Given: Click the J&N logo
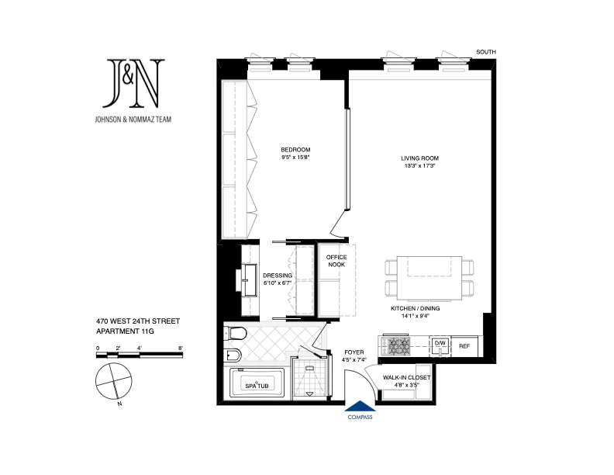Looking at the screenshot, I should [x=135, y=83].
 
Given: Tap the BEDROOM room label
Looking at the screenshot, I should [x=295, y=150].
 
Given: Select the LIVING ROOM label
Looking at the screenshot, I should [x=420, y=159].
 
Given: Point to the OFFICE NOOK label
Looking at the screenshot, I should [x=336, y=261].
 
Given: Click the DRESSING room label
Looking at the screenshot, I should [x=277, y=276].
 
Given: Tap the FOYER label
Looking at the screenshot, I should [x=354, y=352].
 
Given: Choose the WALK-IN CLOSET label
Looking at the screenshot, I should [x=407, y=378].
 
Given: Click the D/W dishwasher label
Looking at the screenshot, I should [x=440, y=342].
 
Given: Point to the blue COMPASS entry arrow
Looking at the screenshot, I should [x=360, y=406].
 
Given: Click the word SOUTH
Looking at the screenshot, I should [x=486, y=52].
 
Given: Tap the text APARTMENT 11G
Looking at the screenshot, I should [x=126, y=331].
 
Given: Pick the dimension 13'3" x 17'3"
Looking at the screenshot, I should [x=420, y=167].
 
